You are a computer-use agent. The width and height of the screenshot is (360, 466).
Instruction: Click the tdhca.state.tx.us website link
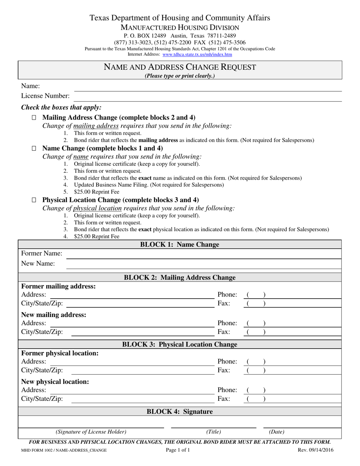(x=197, y=55)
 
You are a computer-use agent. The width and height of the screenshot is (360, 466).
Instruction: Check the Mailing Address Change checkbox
(x=34, y=118)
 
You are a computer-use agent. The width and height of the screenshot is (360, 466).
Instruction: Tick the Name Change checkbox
(x=34, y=149)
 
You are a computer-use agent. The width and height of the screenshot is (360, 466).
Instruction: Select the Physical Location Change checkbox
(x=34, y=200)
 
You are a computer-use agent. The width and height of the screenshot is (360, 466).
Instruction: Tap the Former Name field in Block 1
(x=204, y=254)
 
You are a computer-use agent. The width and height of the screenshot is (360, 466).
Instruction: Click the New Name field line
(x=204, y=264)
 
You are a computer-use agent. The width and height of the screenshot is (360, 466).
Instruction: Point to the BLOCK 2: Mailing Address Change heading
(x=180, y=278)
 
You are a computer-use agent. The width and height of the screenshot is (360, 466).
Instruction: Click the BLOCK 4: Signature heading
(x=180, y=411)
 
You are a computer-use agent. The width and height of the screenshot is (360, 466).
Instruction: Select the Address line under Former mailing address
(x=132, y=296)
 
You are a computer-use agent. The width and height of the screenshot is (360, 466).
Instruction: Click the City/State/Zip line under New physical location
(x=142, y=400)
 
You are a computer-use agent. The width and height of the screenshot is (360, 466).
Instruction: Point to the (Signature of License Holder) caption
(x=91, y=432)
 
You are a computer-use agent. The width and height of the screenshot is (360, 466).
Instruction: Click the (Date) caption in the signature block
(x=277, y=432)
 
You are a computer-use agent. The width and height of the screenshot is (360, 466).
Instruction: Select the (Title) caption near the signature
(x=213, y=432)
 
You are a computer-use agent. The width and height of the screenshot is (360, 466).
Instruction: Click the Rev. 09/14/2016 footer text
(x=316, y=450)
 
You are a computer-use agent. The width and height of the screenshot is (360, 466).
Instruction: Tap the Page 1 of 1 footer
(x=178, y=450)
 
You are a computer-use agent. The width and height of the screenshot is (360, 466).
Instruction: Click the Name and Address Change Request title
(x=180, y=67)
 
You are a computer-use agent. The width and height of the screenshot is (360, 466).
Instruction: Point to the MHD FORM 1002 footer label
(x=64, y=450)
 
